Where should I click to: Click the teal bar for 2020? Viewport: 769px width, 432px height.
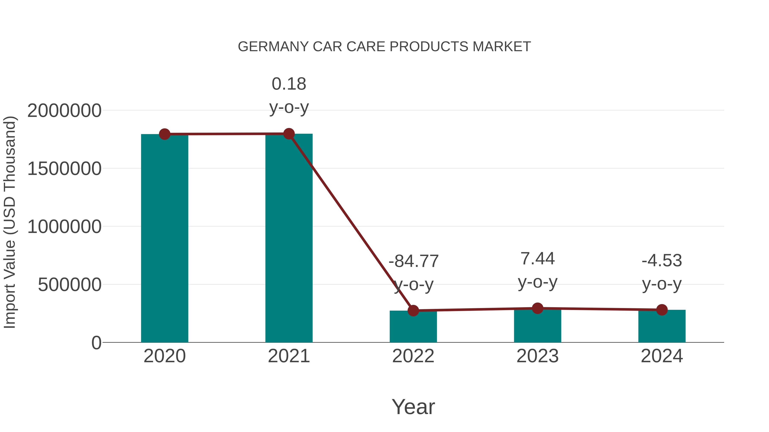coord(164,239)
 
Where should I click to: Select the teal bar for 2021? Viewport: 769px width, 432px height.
coord(289,239)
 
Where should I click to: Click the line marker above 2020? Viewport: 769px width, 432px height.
coord(164,134)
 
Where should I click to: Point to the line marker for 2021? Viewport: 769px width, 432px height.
coord(289,134)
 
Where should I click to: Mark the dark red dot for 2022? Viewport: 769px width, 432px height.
coord(413,311)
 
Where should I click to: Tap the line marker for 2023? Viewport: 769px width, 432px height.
coord(537,308)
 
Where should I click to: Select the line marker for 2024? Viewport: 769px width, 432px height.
coord(662,310)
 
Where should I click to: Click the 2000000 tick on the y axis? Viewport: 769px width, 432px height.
coord(64,111)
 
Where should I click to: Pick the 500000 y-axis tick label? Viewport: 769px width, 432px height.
coord(70,285)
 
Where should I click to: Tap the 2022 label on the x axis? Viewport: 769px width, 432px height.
coord(413,356)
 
